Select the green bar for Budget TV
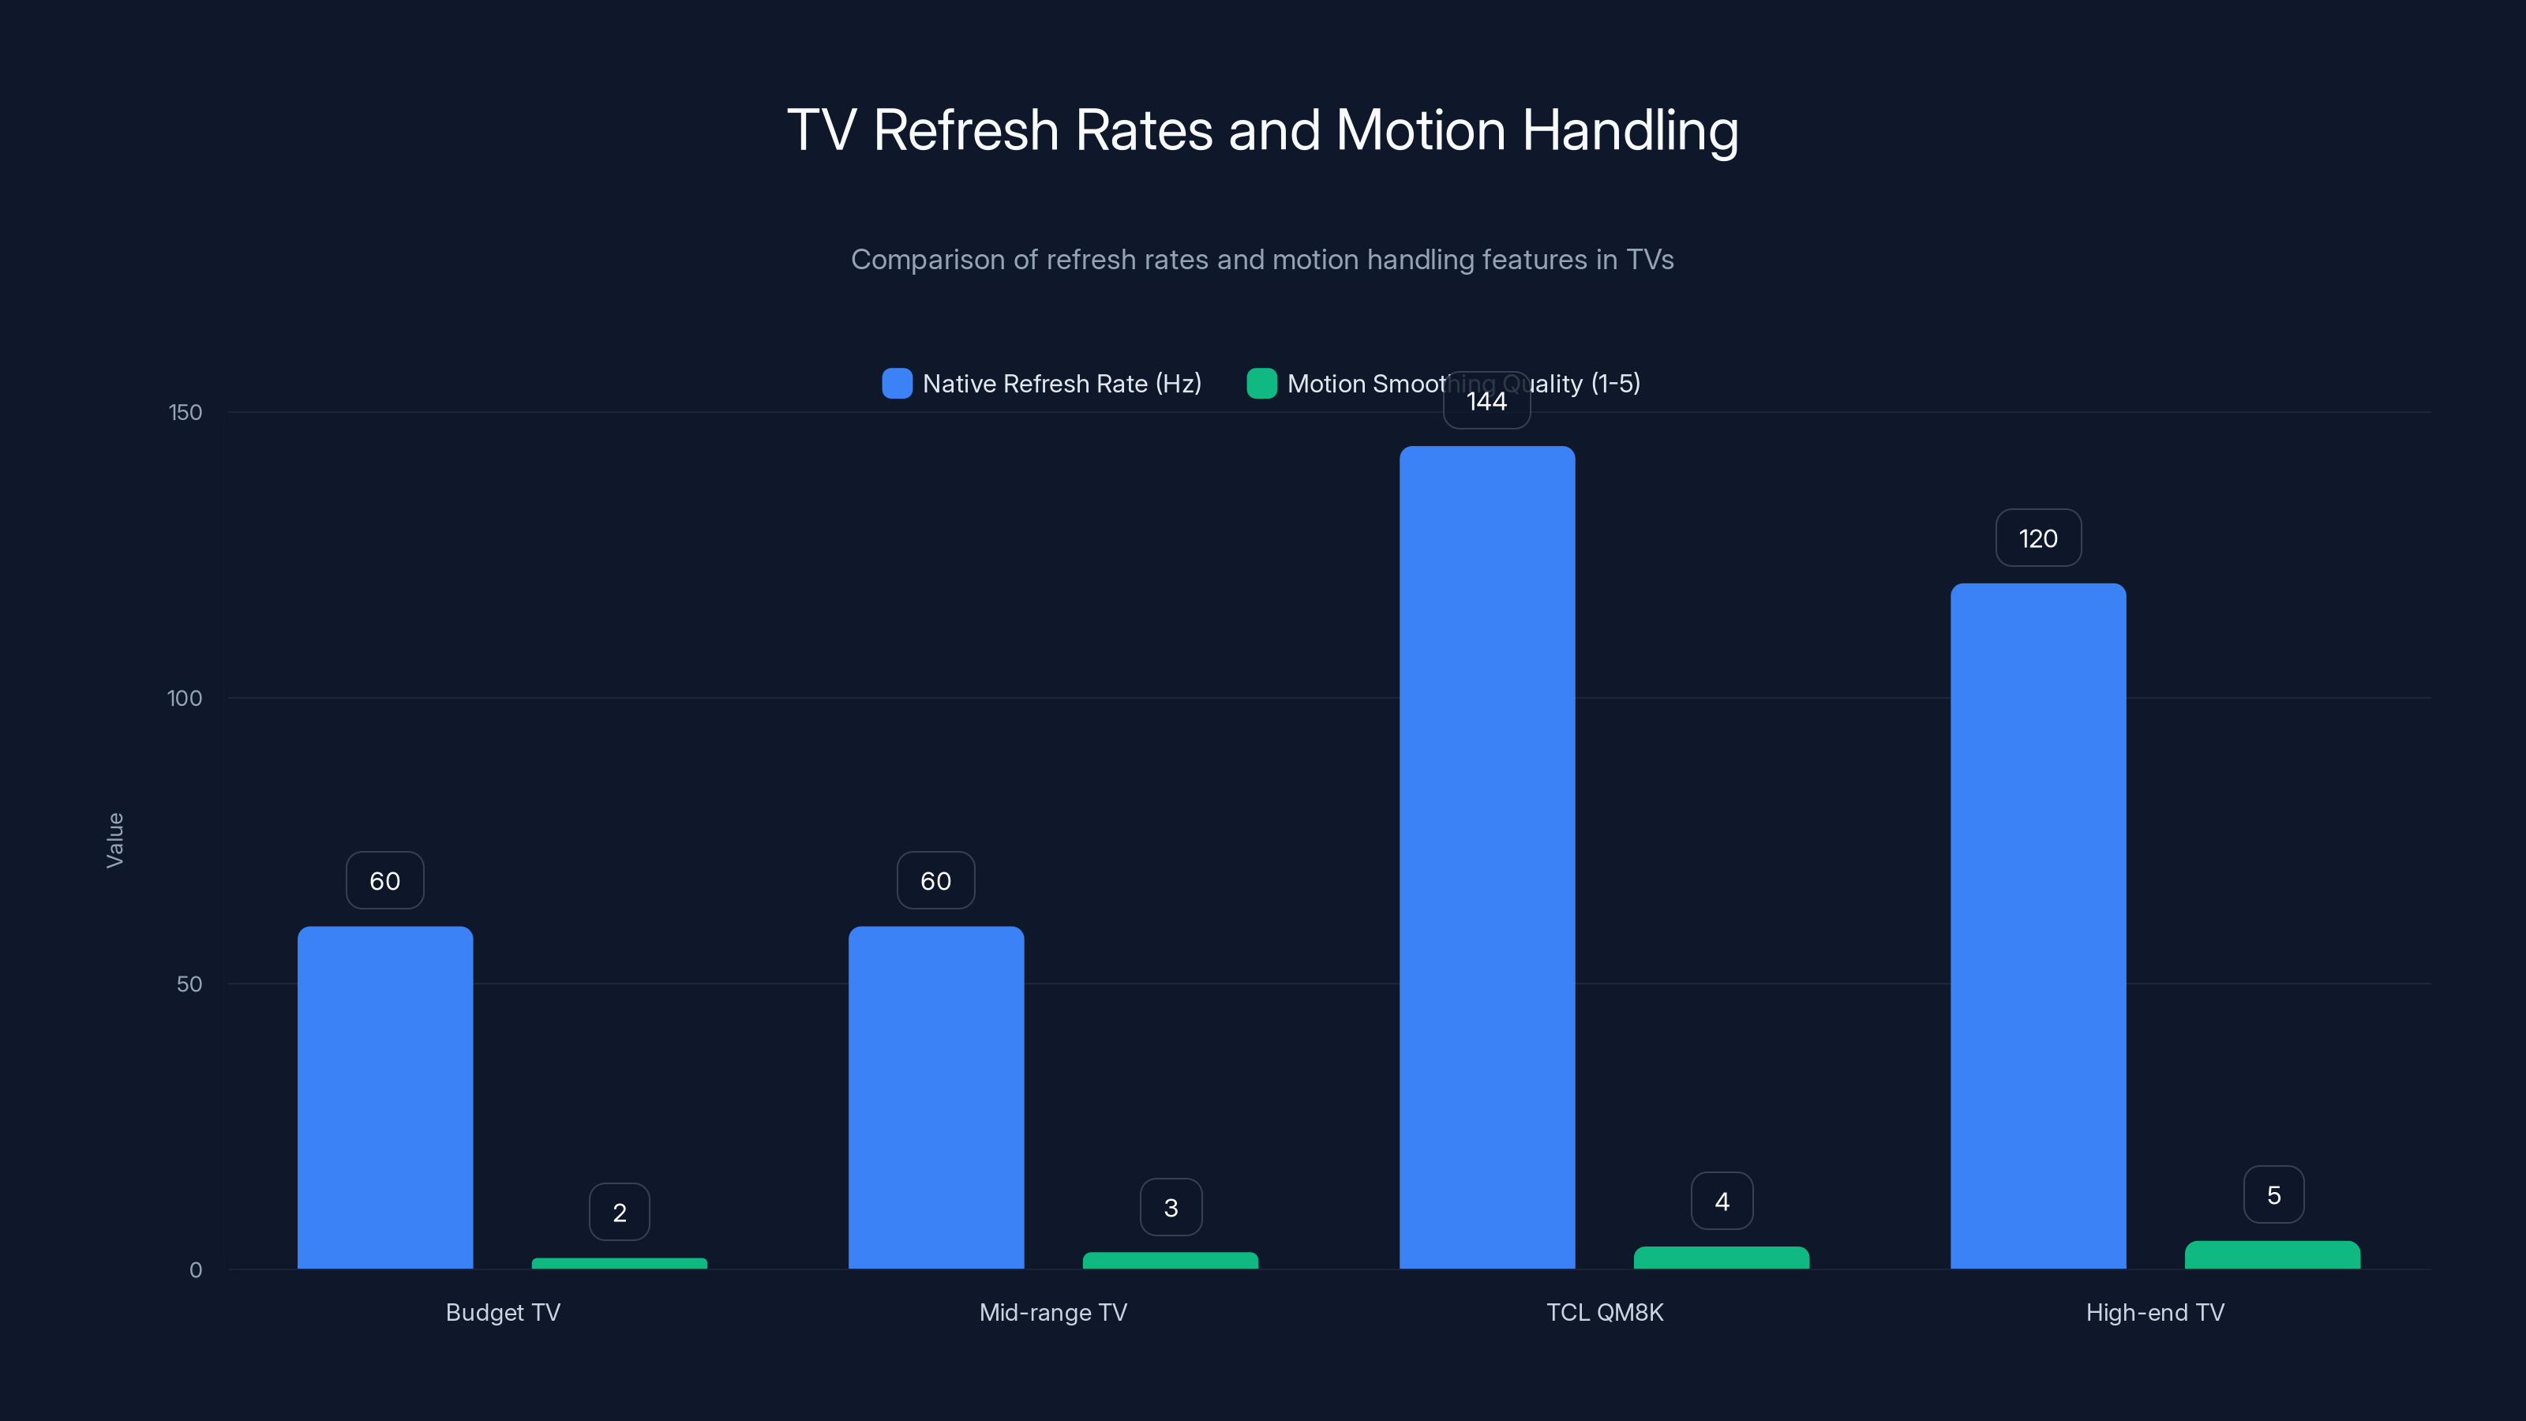pyautogui.click(x=619, y=1263)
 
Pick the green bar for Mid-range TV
pyautogui.click(x=1170, y=1260)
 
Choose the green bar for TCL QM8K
pyautogui.click(x=1721, y=1258)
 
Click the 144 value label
pyautogui.click(x=1486, y=401)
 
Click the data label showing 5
pyautogui.click(x=2273, y=1195)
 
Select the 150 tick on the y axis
pyautogui.click(x=186, y=412)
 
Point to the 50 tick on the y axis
pyautogui.click(x=189, y=984)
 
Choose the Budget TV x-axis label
pyautogui.click(x=502, y=1312)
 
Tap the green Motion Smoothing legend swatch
pyautogui.click(x=1261, y=384)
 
